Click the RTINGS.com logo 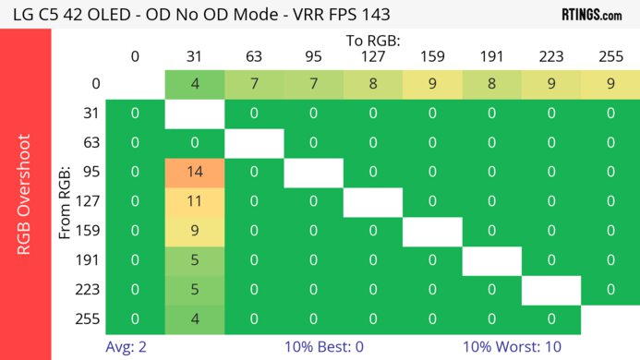(592, 14)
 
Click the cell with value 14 (195, 173)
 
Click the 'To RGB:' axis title (373, 42)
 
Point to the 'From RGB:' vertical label (66, 202)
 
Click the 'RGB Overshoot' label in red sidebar (25, 202)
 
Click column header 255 (610, 57)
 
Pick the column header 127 (373, 57)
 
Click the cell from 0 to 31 (195, 84)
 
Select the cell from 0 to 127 (373, 84)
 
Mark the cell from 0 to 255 (610, 84)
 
